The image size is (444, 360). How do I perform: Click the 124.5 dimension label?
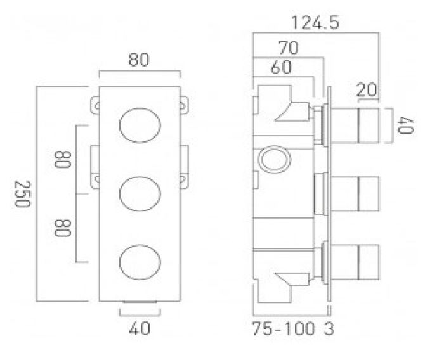pyautogui.click(x=315, y=23)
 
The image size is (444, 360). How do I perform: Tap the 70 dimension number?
pyautogui.click(x=289, y=48)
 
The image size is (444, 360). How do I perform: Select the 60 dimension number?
pyautogui.click(x=281, y=67)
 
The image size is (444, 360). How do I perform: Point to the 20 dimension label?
pyautogui.click(x=367, y=90)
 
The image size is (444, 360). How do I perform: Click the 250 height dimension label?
pyautogui.click(x=22, y=194)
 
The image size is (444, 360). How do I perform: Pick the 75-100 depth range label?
pyautogui.click(x=284, y=329)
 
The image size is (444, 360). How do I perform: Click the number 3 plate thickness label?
pyautogui.click(x=329, y=329)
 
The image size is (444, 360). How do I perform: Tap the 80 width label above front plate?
pyautogui.click(x=139, y=60)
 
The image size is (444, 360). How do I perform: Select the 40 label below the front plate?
pyautogui.click(x=140, y=328)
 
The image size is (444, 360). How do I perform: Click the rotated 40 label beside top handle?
pyautogui.click(x=406, y=125)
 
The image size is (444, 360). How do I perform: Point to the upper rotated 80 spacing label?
pyautogui.click(x=62, y=160)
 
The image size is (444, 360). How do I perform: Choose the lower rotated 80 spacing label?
pyautogui.click(x=62, y=228)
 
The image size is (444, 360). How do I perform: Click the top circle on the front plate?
pyautogui.click(x=140, y=125)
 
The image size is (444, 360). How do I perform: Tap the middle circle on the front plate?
pyautogui.click(x=140, y=193)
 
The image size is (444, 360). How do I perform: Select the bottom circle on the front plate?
pyautogui.click(x=140, y=262)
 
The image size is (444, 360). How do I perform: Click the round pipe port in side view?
pyautogui.click(x=274, y=159)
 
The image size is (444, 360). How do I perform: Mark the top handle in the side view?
pyautogui.click(x=355, y=125)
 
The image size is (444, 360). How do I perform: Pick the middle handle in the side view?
pyautogui.click(x=355, y=193)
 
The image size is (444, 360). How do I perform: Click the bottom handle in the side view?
pyautogui.click(x=355, y=262)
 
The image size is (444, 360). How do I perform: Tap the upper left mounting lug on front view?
pyautogui.click(x=95, y=105)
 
